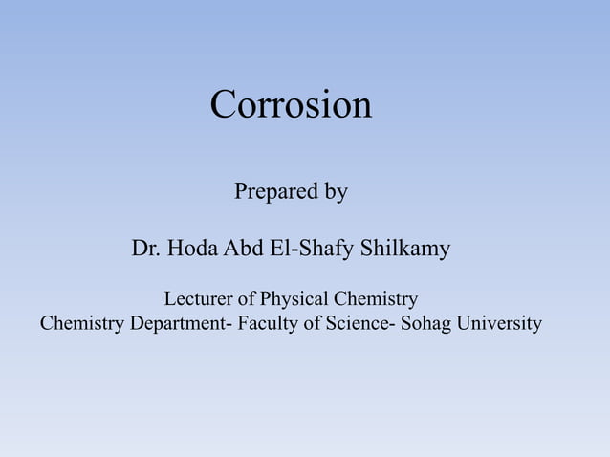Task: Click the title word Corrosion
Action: tap(291, 104)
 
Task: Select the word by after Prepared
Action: tap(336, 192)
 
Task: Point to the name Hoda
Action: tap(193, 250)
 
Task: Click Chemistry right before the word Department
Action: tap(82, 324)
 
